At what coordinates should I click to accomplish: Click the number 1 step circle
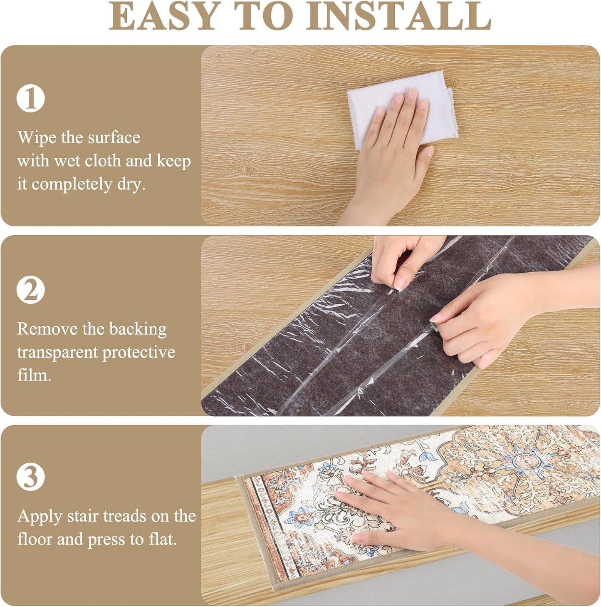30,99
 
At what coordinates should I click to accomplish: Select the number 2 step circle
30,290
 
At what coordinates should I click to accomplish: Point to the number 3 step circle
30,477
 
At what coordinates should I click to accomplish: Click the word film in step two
34,376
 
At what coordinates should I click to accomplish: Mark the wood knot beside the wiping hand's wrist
247,170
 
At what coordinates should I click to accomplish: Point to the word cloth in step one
103,161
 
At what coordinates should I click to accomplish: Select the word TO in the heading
262,16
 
